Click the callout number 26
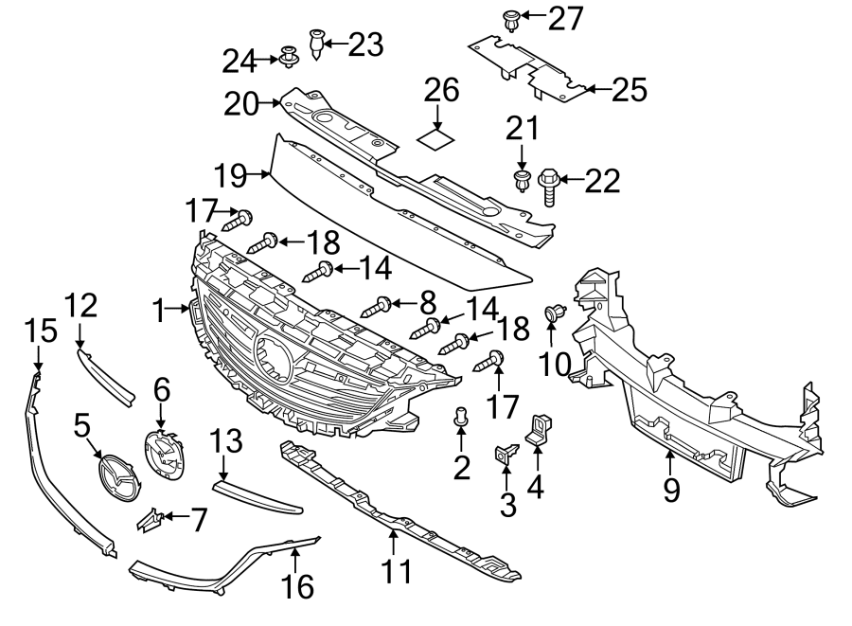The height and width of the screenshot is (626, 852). pyautogui.click(x=441, y=92)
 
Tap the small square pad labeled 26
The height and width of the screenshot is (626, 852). pyautogui.click(x=437, y=140)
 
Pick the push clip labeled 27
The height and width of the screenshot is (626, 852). pyautogui.click(x=511, y=18)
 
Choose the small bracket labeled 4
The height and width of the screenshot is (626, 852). pyautogui.click(x=540, y=427)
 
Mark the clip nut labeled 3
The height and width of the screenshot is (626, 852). pyautogui.click(x=505, y=454)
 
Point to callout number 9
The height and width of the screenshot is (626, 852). pyautogui.click(x=671, y=491)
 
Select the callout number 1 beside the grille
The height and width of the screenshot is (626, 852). pyautogui.click(x=160, y=308)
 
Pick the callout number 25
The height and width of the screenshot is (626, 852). pyautogui.click(x=629, y=90)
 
